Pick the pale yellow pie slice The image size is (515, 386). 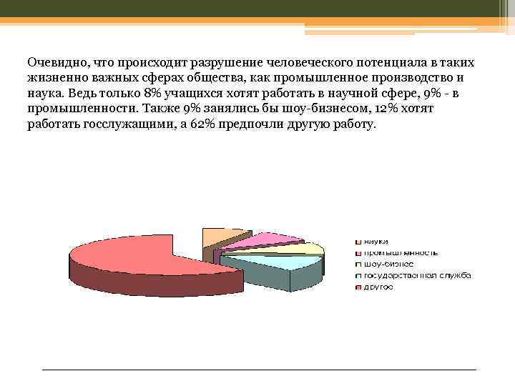pyautogui.click(x=304, y=249)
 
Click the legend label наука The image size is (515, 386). pyautogui.click(x=376, y=242)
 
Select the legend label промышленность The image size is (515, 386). pyautogui.click(x=401, y=253)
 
